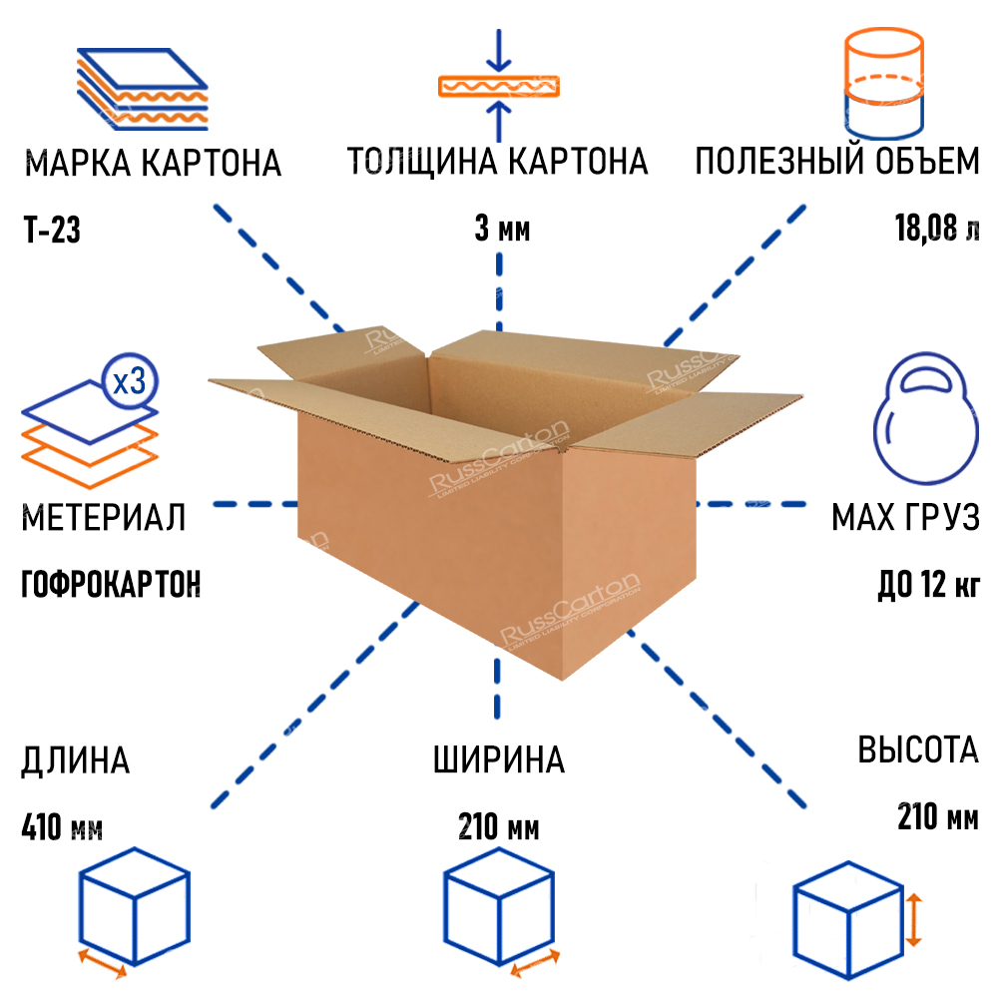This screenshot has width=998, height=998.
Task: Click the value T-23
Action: (x=52, y=230)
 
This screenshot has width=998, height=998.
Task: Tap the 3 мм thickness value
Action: (x=502, y=229)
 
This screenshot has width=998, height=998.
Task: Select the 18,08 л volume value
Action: (x=937, y=229)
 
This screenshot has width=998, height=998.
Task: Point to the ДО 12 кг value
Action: (x=928, y=584)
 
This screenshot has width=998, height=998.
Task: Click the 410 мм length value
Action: (x=62, y=827)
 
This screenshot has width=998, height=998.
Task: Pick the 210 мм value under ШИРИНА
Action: (x=498, y=827)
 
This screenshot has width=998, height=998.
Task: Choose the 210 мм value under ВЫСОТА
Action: (x=938, y=816)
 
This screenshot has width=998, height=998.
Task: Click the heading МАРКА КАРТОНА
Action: (x=153, y=163)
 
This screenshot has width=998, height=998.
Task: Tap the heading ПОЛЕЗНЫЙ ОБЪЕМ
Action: (x=837, y=161)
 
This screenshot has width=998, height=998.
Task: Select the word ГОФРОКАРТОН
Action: (x=111, y=584)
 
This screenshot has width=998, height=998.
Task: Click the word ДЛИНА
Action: (x=75, y=761)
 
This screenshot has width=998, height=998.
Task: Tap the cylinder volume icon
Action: (x=884, y=83)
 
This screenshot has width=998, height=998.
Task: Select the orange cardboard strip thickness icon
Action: (x=499, y=87)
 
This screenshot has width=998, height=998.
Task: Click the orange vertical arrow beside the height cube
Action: (x=914, y=920)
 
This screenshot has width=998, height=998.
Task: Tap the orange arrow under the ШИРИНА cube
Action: (x=535, y=964)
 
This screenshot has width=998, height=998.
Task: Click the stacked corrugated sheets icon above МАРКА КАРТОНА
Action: (x=143, y=89)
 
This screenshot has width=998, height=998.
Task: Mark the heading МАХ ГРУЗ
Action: (x=906, y=517)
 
